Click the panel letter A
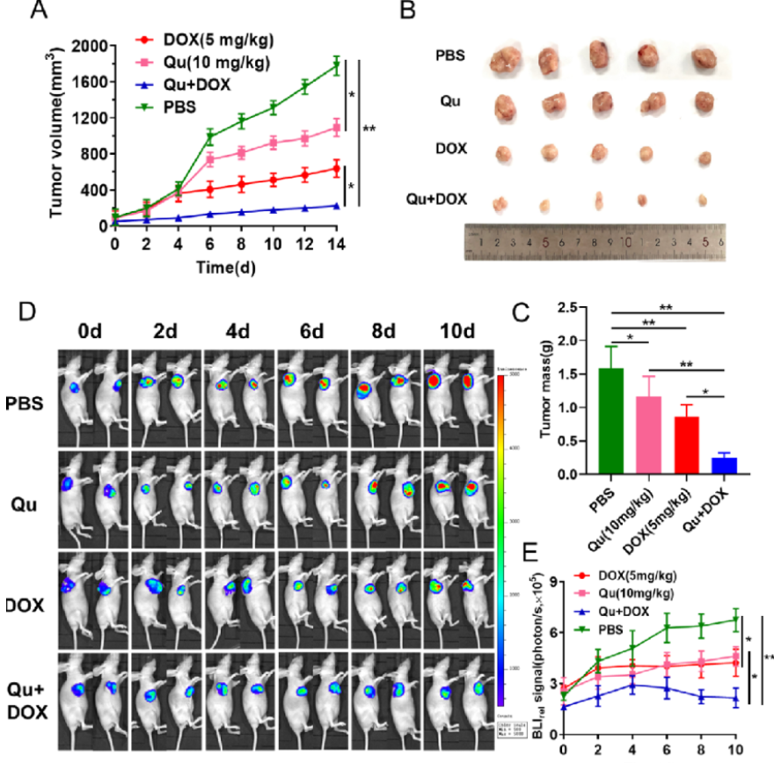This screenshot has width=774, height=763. click(39, 11)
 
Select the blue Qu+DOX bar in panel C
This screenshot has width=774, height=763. click(725, 466)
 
